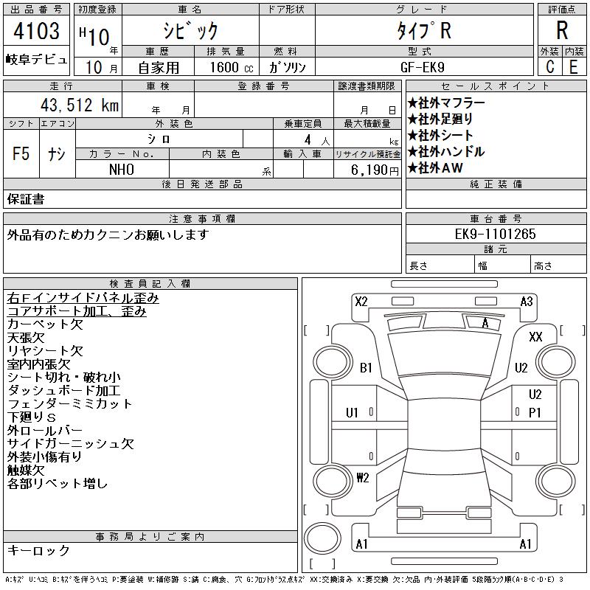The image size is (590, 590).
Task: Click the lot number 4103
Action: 36,30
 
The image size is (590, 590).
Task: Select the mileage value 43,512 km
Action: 80,105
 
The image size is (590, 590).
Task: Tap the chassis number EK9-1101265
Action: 495,234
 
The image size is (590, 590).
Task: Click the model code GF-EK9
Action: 422,67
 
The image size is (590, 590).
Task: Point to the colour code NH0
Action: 122,170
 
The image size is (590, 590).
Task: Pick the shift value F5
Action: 21,153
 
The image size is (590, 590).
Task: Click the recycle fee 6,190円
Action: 375,170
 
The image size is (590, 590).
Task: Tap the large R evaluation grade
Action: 562,30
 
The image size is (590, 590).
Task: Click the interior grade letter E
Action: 574,67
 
